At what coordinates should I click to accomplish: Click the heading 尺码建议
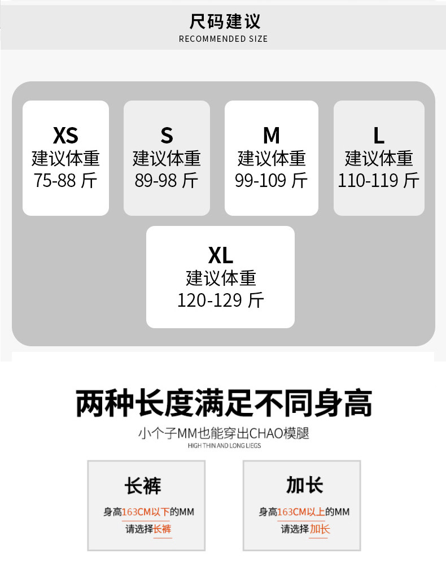(225, 21)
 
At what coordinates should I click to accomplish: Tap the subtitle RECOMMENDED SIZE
(223, 39)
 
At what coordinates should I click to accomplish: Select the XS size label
(65, 136)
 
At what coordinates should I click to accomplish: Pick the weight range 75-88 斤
(65, 180)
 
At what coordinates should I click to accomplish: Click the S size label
(167, 136)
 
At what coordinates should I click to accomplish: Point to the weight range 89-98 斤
(167, 180)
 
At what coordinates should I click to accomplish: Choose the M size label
(271, 136)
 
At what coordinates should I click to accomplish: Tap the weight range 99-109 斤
(271, 180)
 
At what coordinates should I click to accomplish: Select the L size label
(378, 136)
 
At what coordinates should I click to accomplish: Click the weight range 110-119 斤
(378, 180)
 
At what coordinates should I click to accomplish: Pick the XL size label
(220, 256)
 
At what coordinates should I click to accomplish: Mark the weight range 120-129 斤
(220, 300)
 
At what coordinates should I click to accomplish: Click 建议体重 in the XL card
(220, 278)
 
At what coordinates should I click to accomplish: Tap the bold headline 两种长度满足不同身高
(224, 403)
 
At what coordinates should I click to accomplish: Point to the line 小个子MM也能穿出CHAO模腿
(224, 434)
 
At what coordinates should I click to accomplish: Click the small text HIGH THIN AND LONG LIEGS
(224, 446)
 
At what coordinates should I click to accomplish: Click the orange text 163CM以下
(146, 512)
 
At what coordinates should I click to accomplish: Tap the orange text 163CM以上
(301, 512)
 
